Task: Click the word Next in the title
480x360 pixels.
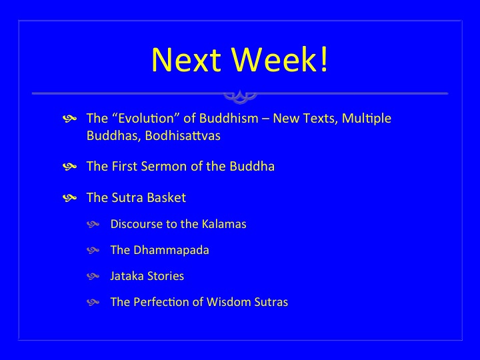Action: click(x=186, y=59)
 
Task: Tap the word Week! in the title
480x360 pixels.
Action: click(x=279, y=59)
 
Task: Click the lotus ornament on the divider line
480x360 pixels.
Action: click(x=240, y=96)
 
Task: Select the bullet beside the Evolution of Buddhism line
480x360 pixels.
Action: click(x=69, y=119)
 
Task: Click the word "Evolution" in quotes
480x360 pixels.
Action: click(x=146, y=119)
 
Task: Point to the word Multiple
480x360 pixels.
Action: click(x=366, y=119)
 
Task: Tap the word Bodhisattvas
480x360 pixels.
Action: click(x=183, y=135)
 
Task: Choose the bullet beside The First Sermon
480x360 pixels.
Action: click(x=69, y=167)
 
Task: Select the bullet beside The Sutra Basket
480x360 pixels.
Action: click(x=69, y=198)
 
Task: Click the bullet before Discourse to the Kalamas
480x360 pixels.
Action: click(x=93, y=225)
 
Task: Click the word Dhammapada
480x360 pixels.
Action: click(x=171, y=250)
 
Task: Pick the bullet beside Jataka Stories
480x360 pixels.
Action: click(x=93, y=277)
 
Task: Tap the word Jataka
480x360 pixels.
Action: click(x=127, y=276)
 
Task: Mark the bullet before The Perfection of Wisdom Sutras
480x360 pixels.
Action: click(x=93, y=303)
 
